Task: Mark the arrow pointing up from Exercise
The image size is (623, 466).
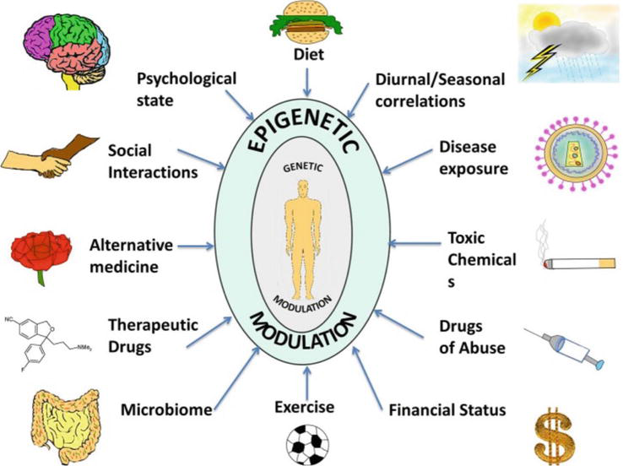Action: (309, 382)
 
